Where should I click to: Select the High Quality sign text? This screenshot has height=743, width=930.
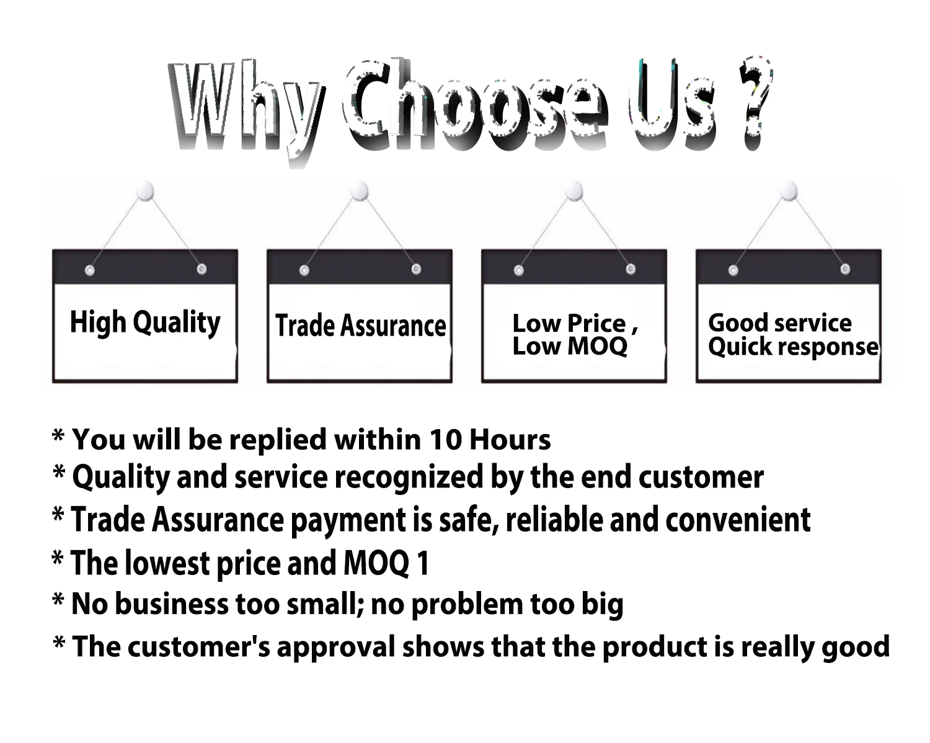click(x=145, y=323)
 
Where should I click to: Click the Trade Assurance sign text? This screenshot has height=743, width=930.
click(x=361, y=326)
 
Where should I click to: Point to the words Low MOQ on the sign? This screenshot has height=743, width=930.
click(x=570, y=346)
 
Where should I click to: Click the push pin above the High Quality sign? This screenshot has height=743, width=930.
click(x=146, y=190)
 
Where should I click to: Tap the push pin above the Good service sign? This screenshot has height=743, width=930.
click(x=789, y=190)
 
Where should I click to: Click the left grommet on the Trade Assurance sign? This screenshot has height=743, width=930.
click(x=304, y=270)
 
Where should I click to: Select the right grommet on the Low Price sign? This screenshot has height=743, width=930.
click(x=631, y=269)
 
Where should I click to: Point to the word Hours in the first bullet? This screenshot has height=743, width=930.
click(x=510, y=440)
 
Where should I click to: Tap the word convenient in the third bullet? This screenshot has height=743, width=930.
click(x=738, y=520)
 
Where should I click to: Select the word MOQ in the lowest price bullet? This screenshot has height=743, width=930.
click(x=376, y=563)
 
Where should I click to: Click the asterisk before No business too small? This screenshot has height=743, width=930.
click(x=58, y=600)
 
